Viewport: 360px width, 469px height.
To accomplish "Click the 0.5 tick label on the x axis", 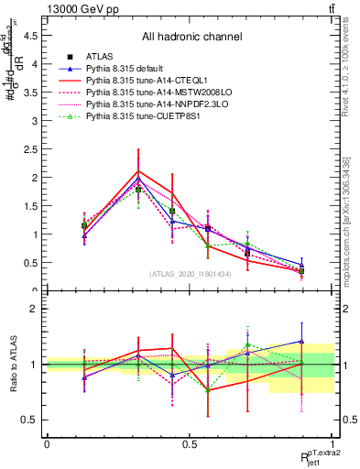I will tap(190, 444).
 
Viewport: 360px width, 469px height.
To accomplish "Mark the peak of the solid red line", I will tap(138, 171).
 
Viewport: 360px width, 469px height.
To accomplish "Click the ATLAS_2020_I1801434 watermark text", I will tap(190, 274).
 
